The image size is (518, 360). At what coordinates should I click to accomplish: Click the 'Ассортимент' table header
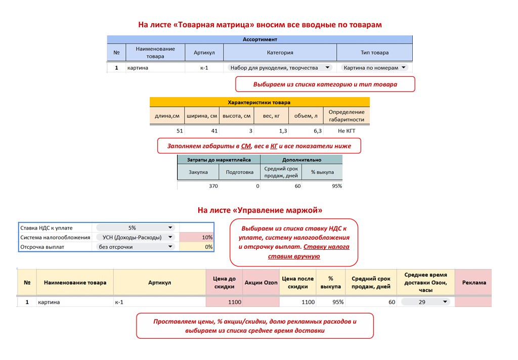(260, 39)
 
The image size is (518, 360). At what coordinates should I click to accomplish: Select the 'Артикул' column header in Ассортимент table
(204, 53)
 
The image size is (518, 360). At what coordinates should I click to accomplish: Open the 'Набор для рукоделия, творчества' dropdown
(280, 67)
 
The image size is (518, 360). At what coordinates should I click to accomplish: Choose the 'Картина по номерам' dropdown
(374, 67)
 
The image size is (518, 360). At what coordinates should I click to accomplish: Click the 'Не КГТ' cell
(347, 130)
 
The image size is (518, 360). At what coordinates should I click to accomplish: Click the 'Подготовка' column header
(239, 172)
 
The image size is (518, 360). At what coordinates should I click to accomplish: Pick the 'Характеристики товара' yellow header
(260, 102)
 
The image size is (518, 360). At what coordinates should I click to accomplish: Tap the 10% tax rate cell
(197, 237)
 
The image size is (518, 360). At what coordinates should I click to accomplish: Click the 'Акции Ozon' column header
(261, 283)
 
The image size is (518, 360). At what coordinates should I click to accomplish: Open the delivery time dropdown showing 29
(425, 302)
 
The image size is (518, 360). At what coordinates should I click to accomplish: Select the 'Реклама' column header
(473, 283)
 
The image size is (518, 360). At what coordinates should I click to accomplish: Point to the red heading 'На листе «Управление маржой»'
(260, 210)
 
